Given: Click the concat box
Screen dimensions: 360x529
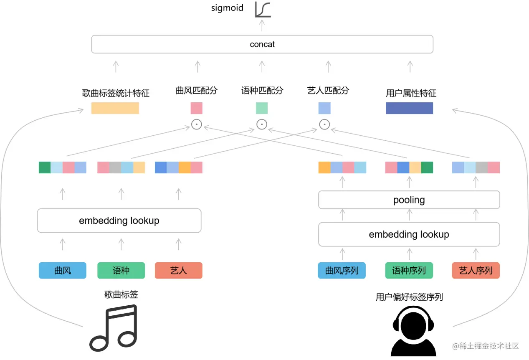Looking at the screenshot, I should coord(262,44).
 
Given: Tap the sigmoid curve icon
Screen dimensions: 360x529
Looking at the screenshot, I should coord(263,10).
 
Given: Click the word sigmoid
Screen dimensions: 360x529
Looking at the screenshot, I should coord(227,8).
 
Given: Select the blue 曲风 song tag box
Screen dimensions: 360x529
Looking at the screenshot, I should coord(63,271).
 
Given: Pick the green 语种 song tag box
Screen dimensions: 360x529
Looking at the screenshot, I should coord(121,271).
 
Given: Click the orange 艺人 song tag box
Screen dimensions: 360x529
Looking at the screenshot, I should coord(179,271).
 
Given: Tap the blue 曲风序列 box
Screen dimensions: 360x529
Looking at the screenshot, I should coord(342,271).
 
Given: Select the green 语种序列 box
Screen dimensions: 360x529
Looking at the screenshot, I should coord(409,271).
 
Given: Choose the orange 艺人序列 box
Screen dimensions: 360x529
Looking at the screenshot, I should coord(476,271).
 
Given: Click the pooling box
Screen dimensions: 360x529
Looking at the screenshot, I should coord(409,200).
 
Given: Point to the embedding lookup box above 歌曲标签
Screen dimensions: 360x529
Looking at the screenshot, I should coord(119,221).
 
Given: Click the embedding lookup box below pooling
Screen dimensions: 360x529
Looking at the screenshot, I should coord(409,234).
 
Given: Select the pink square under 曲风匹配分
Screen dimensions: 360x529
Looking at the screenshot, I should coord(197,108).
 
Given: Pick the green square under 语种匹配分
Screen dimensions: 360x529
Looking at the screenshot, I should coord(262,108).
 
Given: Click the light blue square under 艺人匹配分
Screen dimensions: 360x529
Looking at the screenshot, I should coord(324,108).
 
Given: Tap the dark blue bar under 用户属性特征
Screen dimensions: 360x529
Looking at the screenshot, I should coord(409,108).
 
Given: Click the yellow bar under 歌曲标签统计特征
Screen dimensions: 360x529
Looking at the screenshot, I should coord(115,108).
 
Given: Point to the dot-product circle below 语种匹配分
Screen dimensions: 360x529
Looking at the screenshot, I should coord(262,124).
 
